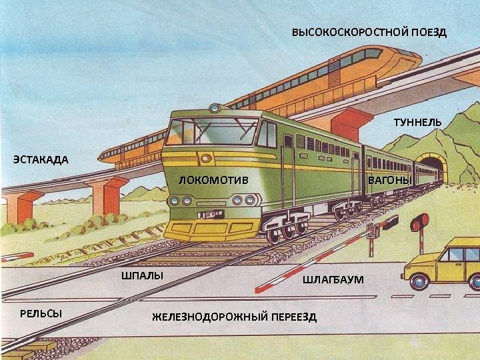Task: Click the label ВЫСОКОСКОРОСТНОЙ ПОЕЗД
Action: coord(369,33)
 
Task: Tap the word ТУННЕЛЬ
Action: coord(417,123)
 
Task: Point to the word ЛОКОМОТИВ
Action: coord(214,180)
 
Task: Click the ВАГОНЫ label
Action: coord(391,181)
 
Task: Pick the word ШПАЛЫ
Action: coord(142,275)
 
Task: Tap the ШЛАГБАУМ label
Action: coord(333,279)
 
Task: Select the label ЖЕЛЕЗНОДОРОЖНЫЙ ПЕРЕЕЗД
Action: coord(234,316)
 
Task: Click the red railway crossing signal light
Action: coord(420,223)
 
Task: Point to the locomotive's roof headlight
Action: coord(215,108)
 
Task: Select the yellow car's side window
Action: coord(456,255)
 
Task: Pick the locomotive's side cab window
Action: coord(266,135)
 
